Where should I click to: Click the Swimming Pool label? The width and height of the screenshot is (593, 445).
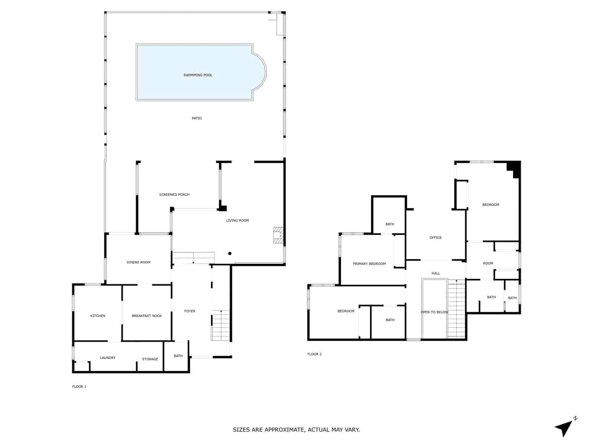[x=198, y=75]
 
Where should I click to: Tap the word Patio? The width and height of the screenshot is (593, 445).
[x=197, y=118]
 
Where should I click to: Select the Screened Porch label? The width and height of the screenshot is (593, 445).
[x=174, y=195]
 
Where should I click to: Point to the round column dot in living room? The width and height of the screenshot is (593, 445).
[x=230, y=254]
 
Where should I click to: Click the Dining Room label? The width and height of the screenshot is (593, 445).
[x=139, y=263]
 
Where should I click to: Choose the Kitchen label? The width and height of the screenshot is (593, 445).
[x=98, y=316]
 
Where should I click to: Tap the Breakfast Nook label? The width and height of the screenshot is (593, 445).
[x=147, y=316]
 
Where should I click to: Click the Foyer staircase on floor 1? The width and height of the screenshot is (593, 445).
[x=221, y=325]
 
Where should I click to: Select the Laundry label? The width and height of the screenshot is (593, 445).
[x=108, y=358]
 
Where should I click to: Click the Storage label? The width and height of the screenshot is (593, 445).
[x=150, y=359]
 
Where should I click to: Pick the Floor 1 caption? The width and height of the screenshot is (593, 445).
[x=79, y=387]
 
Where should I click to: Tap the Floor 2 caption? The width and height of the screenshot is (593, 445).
[x=314, y=354]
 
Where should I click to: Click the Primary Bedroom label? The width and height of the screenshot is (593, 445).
[x=369, y=264]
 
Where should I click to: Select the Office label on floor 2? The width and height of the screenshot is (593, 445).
[x=435, y=238]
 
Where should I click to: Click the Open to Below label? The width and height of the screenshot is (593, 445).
[x=434, y=312]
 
